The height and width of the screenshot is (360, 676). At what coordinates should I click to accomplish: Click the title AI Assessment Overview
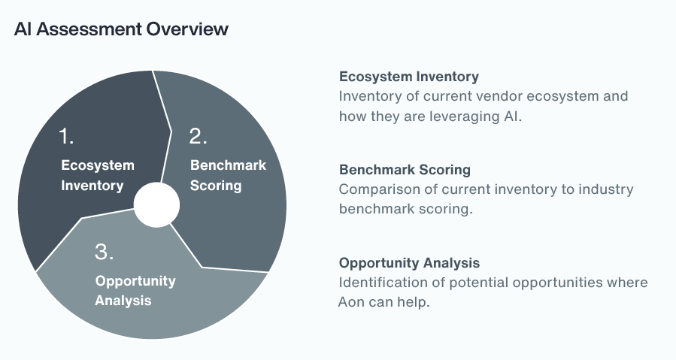point(121,29)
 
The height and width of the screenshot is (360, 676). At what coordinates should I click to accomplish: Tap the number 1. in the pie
point(68,136)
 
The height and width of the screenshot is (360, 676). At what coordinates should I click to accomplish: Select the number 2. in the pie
point(199,136)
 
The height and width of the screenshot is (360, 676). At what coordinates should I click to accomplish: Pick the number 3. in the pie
point(105,252)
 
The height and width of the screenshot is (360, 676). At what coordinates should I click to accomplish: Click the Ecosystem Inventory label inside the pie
point(97,175)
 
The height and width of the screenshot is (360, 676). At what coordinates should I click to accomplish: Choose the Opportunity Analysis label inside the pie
point(135,290)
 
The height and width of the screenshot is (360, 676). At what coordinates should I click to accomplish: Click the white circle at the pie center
point(156,204)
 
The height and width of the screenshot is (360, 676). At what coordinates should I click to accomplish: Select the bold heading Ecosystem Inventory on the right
point(408,77)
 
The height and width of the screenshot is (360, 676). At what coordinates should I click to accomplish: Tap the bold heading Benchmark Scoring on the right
point(405,170)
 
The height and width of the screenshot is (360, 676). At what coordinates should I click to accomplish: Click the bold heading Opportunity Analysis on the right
point(409,263)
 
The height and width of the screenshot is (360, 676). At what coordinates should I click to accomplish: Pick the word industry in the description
point(605,189)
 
